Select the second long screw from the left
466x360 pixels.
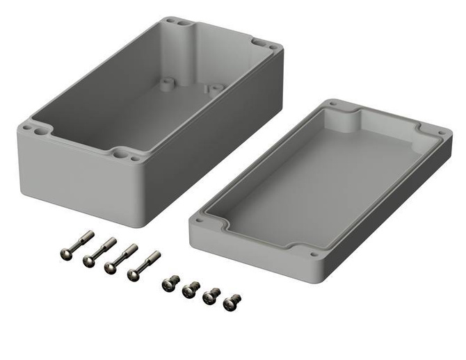(88, 261)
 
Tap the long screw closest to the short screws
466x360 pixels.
(134, 274)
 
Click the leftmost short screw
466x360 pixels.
(166, 284)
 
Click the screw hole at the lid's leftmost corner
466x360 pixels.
(200, 220)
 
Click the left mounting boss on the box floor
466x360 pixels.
(167, 83)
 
